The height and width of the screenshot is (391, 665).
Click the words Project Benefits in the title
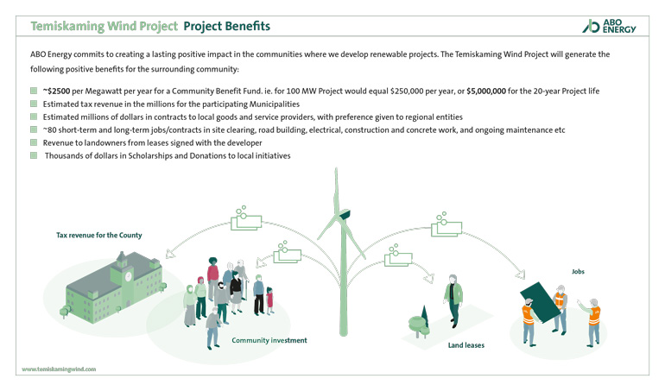(226, 26)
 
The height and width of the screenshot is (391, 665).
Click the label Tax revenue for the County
(99, 235)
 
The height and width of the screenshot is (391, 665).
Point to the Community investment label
(269, 340)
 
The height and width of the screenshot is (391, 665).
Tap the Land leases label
(465, 345)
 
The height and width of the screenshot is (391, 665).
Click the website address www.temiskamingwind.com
(59, 369)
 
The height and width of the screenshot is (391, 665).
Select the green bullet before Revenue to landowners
(33, 142)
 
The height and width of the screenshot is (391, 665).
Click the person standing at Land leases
(453, 298)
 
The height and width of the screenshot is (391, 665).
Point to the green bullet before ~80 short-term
(33, 129)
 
